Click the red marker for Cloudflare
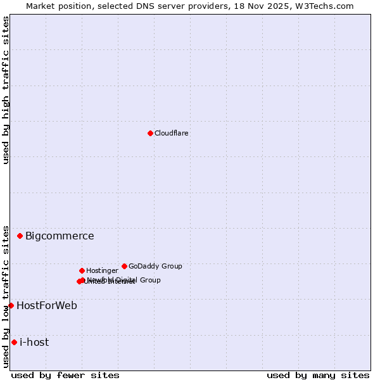pyautogui.click(x=150, y=133)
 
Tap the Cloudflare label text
pyautogui.click(x=171, y=133)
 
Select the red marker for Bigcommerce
pyautogui.click(x=20, y=236)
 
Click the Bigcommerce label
pyautogui.click(x=60, y=236)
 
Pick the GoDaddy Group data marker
pyautogui.click(x=124, y=266)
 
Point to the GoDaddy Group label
pyautogui.click(x=155, y=266)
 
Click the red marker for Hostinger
pyautogui.click(x=82, y=270)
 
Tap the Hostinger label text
pyautogui.click(x=102, y=270)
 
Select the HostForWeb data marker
pyautogui.click(x=11, y=305)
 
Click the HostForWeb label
pyautogui.click(x=47, y=306)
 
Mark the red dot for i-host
pyautogui.click(x=14, y=342)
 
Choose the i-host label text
pyautogui.click(x=34, y=343)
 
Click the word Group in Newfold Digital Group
pyautogui.click(x=150, y=280)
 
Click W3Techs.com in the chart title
pyautogui.click(x=324, y=6)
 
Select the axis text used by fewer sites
pyautogui.click(x=65, y=375)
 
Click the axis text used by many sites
pyautogui.click(x=318, y=375)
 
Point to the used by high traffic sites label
pyautogui.click(x=6, y=91)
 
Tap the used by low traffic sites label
pyautogui.click(x=6, y=296)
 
